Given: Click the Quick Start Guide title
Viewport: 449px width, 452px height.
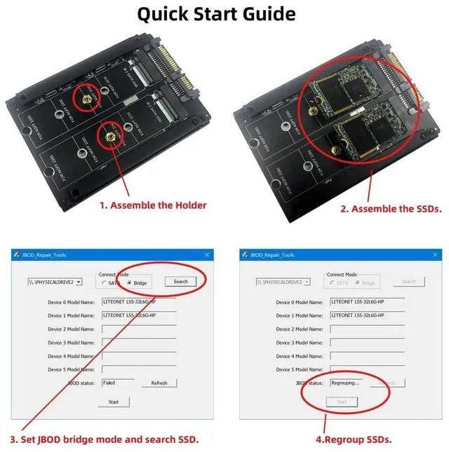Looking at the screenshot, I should pos(215,14).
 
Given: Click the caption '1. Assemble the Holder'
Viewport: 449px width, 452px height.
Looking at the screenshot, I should pos(152,205).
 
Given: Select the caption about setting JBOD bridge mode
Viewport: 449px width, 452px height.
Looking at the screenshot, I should pos(104,439).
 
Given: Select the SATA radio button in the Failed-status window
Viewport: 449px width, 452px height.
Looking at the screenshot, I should pos(105,282).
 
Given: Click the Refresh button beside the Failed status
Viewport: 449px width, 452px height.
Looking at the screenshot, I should pos(159,383).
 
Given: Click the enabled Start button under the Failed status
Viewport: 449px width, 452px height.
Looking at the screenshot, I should pos(114,402).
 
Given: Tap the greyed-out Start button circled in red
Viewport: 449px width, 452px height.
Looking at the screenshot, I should pos(342,402).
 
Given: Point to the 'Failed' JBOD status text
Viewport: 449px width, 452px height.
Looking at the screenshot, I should pos(109,383).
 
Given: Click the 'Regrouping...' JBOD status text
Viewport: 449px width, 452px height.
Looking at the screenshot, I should pos(345,383).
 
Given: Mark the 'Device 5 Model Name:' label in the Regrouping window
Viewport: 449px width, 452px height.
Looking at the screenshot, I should pos(302,369).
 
